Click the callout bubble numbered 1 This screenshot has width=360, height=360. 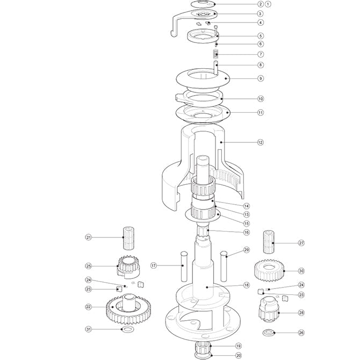coord(239,4)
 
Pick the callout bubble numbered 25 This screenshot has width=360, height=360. coord(89,266)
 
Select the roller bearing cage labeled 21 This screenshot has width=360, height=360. coord(131,237)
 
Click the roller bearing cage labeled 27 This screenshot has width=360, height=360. coord(270,243)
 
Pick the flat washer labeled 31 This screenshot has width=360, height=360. coord(128,329)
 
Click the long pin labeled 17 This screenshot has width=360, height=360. coord(183,265)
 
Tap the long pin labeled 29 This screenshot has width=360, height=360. coord(225,266)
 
